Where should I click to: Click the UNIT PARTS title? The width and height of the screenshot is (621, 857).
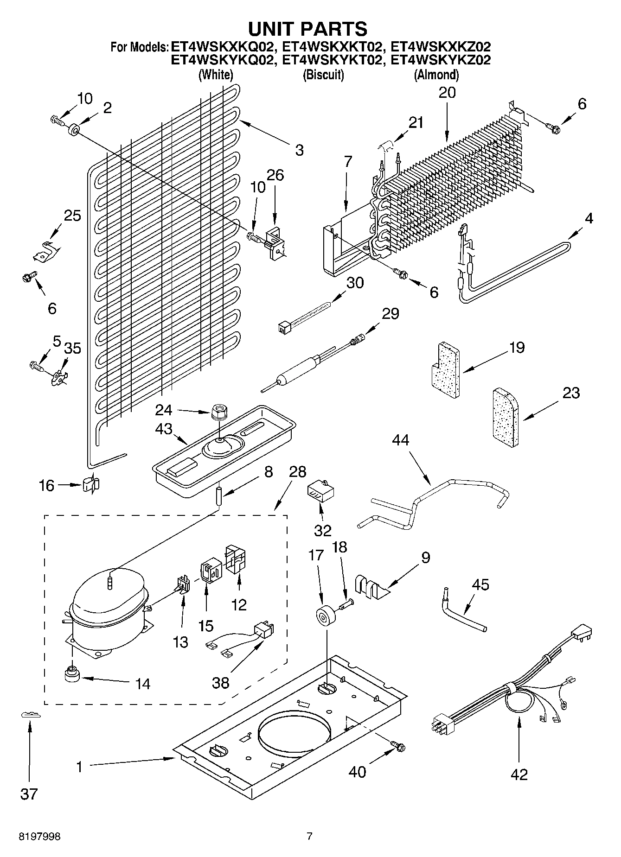[308, 29]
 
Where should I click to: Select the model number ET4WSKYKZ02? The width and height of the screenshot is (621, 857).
[441, 60]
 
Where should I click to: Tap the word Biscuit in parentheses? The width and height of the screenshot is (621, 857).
[323, 74]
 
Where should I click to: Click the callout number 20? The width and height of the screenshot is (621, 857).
[447, 93]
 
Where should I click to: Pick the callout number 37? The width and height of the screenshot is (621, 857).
[29, 794]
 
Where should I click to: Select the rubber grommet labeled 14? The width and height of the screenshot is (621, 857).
[72, 674]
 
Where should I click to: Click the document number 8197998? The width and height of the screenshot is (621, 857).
[39, 837]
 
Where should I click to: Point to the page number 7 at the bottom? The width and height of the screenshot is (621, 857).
[309, 837]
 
